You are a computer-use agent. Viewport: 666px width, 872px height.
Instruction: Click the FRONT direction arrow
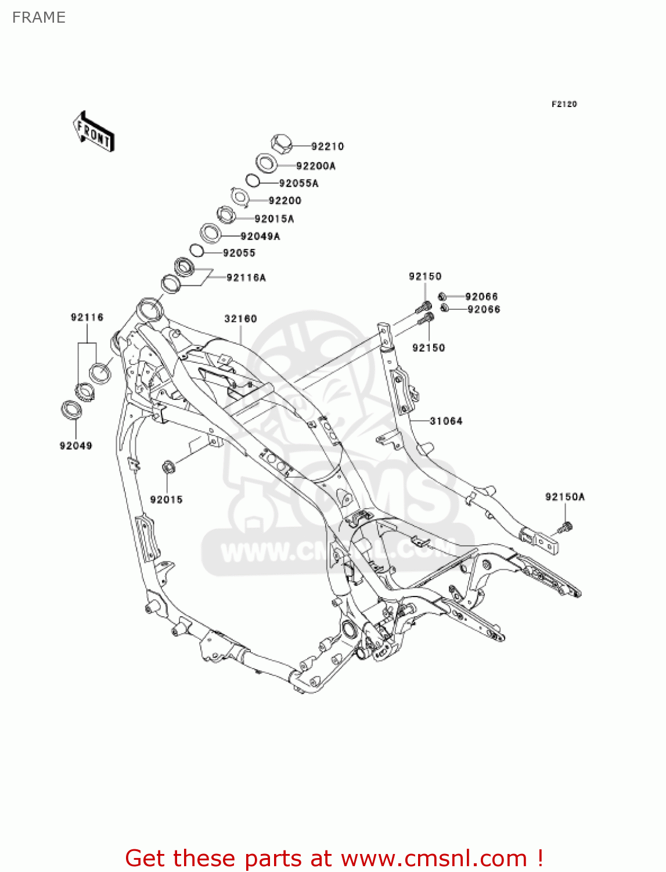(x=93, y=132)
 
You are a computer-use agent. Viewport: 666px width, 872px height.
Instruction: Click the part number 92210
(x=327, y=146)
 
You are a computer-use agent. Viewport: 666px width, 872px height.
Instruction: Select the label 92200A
(x=316, y=166)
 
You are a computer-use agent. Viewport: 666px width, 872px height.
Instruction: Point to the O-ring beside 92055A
(x=252, y=181)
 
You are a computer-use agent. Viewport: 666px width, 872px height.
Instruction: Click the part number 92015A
(x=274, y=219)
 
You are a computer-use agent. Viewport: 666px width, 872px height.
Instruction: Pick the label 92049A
(x=260, y=237)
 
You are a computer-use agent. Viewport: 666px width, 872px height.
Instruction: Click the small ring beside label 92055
(x=196, y=251)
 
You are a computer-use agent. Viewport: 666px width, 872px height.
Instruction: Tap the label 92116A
(x=246, y=278)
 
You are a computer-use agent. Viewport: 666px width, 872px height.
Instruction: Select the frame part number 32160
(x=240, y=319)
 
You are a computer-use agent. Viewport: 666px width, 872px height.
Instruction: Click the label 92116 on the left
(x=87, y=317)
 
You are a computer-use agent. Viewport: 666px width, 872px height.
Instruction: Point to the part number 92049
(x=75, y=446)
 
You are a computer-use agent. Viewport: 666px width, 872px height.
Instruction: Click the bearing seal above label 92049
(x=71, y=409)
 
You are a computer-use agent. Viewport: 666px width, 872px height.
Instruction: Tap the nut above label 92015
(x=168, y=467)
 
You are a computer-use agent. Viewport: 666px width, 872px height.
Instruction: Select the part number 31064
(x=446, y=421)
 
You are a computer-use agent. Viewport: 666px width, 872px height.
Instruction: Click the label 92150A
(x=565, y=497)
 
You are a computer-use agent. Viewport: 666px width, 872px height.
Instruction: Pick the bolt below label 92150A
(x=565, y=528)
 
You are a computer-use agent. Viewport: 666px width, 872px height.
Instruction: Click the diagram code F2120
(x=564, y=104)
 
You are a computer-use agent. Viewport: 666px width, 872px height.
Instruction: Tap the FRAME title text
(x=39, y=17)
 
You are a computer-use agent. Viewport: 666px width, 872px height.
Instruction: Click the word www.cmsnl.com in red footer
(x=433, y=858)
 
